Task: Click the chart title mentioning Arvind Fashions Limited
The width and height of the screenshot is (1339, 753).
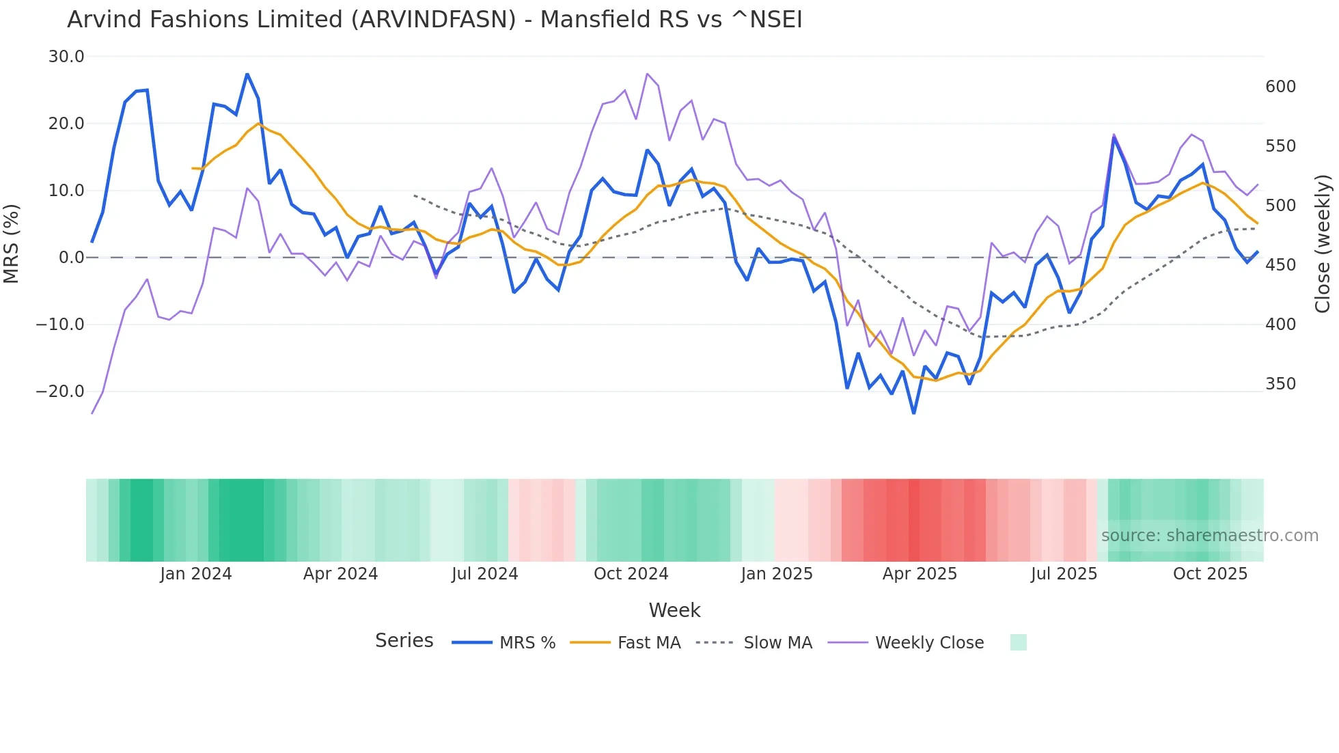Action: click(434, 20)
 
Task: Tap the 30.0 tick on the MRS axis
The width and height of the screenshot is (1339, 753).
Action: click(66, 57)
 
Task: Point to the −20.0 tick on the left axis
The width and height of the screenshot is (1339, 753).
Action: click(60, 392)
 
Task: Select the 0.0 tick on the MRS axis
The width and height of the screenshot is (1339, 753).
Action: click(71, 258)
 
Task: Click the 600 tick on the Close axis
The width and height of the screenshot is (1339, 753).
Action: click(1280, 87)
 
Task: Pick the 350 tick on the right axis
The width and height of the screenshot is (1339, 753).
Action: click(1280, 384)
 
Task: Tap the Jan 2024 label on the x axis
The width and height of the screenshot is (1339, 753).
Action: click(196, 574)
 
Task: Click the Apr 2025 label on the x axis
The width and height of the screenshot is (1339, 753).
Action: click(920, 574)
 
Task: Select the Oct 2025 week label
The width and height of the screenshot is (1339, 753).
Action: click(1210, 574)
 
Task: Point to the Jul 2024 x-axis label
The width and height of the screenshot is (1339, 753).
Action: click(485, 574)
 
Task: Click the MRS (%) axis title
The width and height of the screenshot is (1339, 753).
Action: click(12, 243)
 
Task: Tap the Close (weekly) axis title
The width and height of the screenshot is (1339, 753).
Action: click(1323, 244)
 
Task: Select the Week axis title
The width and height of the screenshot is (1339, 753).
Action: click(674, 610)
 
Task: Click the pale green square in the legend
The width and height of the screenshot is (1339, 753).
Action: click(1018, 642)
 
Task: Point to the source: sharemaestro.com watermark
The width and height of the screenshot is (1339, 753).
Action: click(1209, 536)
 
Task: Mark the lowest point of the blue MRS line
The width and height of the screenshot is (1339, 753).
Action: click(914, 413)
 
